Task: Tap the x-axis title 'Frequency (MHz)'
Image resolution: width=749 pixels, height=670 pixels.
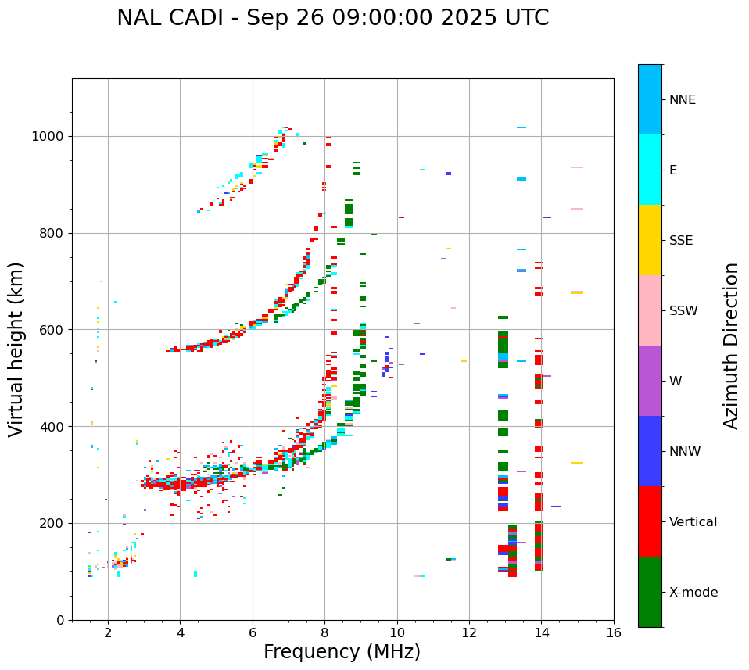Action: pos(342,652)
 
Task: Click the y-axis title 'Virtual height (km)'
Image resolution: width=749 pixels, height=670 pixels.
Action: pos(17,349)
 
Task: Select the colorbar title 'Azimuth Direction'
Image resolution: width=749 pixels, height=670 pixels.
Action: pos(731,346)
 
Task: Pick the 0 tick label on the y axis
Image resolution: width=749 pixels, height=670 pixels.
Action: pos(61,620)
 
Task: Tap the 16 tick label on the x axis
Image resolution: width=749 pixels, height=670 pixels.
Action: pos(614,632)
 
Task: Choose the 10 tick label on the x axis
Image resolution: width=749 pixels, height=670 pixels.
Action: pos(397,632)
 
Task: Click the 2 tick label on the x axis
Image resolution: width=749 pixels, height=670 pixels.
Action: pos(108,632)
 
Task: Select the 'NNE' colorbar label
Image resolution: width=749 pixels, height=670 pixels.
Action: pos(682,100)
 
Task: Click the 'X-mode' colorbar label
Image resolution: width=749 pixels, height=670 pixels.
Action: pos(693,593)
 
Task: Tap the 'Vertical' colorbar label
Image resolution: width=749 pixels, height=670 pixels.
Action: pos(693,522)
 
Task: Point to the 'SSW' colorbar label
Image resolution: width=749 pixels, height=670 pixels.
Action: pos(683,311)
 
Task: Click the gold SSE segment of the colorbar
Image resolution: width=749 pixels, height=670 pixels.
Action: pos(650,240)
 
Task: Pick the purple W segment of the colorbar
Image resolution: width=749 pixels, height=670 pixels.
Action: pos(650,381)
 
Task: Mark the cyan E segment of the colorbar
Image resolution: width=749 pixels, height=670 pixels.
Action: pos(650,170)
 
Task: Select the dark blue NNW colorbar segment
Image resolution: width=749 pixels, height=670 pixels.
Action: pos(650,451)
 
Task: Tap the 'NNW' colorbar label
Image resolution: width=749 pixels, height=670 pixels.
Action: pos(685,452)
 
